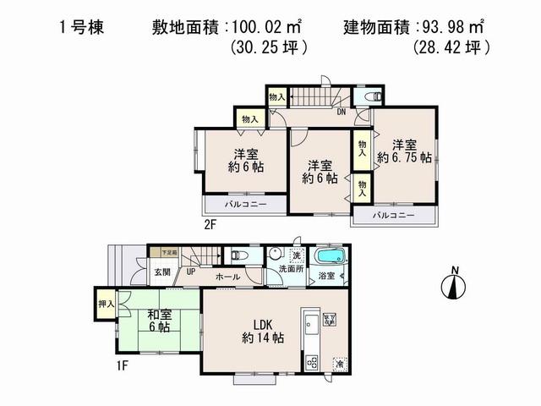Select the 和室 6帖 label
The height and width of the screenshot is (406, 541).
(157, 324)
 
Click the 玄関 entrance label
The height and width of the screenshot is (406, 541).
(161, 272)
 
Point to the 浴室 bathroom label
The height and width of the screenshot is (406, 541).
(326, 276)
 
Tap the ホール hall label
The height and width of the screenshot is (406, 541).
(227, 277)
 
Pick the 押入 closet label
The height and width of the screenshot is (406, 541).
(105, 304)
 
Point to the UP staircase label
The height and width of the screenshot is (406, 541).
(192, 272)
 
